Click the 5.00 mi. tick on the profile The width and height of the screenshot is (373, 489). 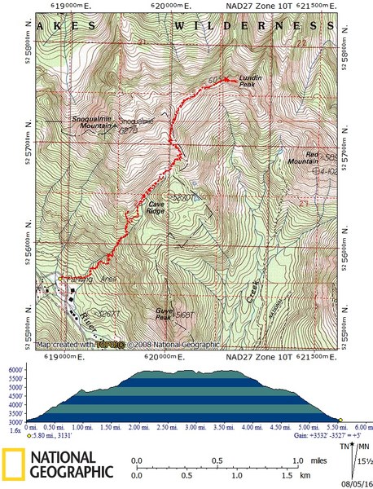311,426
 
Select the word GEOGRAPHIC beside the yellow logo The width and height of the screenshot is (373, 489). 68,472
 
